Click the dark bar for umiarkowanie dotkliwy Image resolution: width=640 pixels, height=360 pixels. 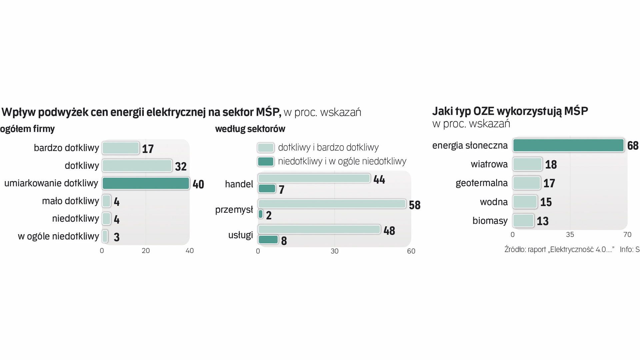[x=146, y=183]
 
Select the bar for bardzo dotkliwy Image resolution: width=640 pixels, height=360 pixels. [x=120, y=148]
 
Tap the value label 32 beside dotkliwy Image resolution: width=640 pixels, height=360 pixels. [x=181, y=166]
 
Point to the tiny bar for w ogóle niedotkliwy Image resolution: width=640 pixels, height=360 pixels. [x=105, y=236]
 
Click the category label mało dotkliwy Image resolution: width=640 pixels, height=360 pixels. [x=70, y=201]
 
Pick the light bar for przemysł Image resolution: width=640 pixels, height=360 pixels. [x=332, y=204]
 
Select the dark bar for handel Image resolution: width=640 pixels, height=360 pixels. [x=267, y=189]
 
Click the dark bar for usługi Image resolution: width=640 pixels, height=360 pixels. [x=268, y=240]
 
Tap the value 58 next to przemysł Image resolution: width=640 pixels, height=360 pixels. [x=415, y=205]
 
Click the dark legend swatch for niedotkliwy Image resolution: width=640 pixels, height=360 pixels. [x=266, y=162]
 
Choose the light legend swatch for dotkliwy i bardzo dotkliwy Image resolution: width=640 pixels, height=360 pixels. [x=266, y=148]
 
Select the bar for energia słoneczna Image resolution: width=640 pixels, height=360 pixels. [x=568, y=145]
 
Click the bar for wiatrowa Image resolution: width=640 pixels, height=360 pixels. [x=527, y=164]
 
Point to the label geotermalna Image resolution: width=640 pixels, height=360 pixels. [x=481, y=183]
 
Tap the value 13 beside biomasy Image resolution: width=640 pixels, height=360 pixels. [x=542, y=221]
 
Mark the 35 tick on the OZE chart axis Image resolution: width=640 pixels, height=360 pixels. [x=570, y=235]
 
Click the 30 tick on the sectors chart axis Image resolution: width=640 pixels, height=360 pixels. [x=334, y=251]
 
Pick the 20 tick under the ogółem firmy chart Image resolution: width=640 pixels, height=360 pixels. [x=146, y=251]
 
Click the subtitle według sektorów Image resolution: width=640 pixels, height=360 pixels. [x=250, y=129]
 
